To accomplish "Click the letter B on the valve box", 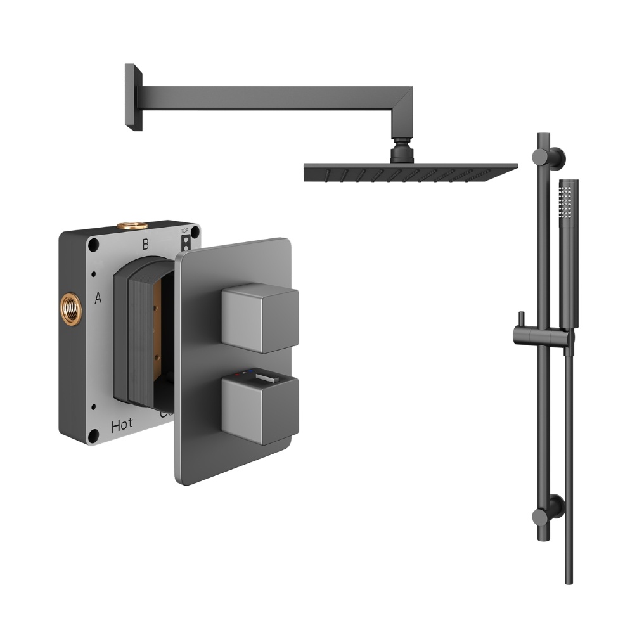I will click(x=145, y=243).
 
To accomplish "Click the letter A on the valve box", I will click(x=98, y=299).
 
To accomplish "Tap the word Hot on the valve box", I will click(x=122, y=426).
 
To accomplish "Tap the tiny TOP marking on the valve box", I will click(x=185, y=231).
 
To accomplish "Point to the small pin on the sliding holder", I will click(x=518, y=319).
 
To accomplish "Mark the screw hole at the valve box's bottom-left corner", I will click(x=95, y=435).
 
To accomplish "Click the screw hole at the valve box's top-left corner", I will click(x=94, y=243).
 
